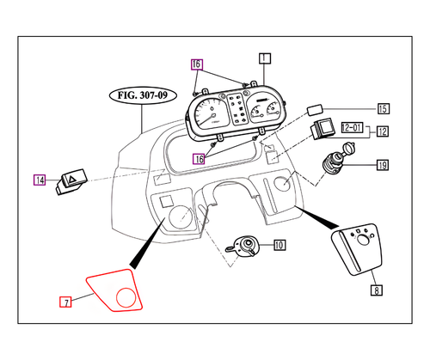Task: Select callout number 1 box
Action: pyautogui.click(x=264, y=58)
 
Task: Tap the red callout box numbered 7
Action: pyautogui.click(x=64, y=302)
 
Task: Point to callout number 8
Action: pyautogui.click(x=376, y=290)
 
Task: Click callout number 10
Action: pyautogui.click(x=279, y=245)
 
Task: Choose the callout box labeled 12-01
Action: pyautogui.click(x=352, y=127)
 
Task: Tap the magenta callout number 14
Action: pyautogui.click(x=40, y=180)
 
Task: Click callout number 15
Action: pyautogui.click(x=383, y=109)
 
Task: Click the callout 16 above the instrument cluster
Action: pyautogui.click(x=197, y=64)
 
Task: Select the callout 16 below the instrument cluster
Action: pyautogui.click(x=199, y=158)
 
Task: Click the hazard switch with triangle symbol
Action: pyautogui.click(x=71, y=180)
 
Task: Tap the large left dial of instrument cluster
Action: pyautogui.click(x=209, y=117)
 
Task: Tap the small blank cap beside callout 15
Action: pyautogui.click(x=314, y=110)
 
